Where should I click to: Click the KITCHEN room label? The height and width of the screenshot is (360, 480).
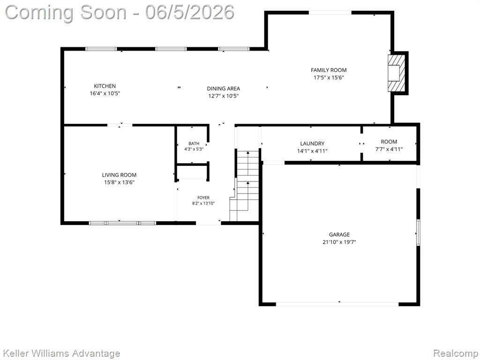pos(105,86)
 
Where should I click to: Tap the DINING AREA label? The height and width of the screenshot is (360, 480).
pos(224,89)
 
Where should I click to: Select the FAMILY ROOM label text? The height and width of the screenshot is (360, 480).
pos(329,70)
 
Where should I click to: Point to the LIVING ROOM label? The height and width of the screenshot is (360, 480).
pos(119,175)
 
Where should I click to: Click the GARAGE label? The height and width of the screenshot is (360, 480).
pos(339,234)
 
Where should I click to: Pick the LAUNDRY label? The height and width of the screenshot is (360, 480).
pos(312,143)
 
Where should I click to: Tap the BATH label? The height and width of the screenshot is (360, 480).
pos(194,143)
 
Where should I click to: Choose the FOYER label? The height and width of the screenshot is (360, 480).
pos(203,198)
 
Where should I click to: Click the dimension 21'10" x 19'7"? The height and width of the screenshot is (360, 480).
pos(339,242)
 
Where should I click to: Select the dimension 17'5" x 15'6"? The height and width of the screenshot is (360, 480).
pos(329,77)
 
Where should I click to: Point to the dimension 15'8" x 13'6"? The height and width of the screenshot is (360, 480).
pos(120,182)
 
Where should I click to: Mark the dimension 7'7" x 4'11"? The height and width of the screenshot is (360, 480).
pos(389,150)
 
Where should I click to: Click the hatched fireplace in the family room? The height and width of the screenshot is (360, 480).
pos(397,73)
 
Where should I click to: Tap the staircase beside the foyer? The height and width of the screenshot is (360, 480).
pos(245,185)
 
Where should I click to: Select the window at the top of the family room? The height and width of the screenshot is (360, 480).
pos(330,13)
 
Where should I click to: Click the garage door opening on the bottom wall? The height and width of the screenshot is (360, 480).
pos(337,304)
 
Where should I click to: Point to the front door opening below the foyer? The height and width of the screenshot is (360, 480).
pos(208,223)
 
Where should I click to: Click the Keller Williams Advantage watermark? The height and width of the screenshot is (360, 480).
pos(61,353)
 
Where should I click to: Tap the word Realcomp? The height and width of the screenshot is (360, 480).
pos(456,353)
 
